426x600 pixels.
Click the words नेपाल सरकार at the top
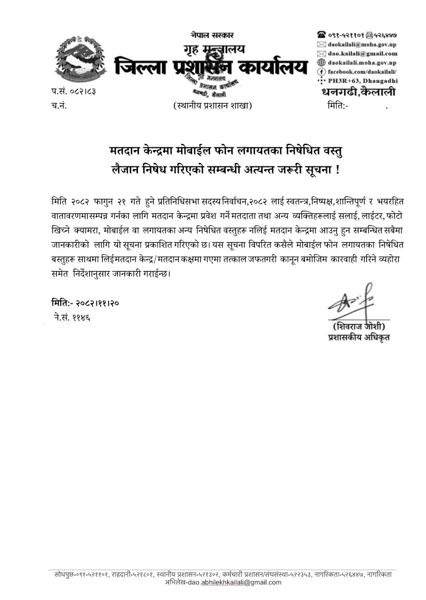212,35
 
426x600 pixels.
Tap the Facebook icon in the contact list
321,72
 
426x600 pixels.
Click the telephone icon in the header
321,35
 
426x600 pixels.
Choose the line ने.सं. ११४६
72,317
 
